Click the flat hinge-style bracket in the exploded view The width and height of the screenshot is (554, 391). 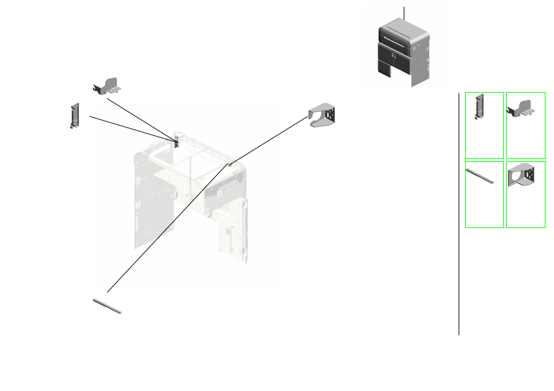click(x=108, y=85)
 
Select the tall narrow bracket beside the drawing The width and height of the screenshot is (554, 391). click(x=74, y=115)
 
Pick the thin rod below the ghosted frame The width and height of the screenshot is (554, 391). click(x=107, y=306)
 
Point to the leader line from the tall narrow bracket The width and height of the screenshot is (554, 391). click(x=132, y=127)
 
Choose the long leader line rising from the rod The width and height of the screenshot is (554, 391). click(x=164, y=230)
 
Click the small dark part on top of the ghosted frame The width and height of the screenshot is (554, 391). click(x=177, y=141)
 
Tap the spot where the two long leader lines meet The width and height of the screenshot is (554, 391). click(x=229, y=164)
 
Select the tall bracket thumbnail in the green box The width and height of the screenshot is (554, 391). click(x=484, y=125)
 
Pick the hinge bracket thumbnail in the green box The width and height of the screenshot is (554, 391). click(x=525, y=125)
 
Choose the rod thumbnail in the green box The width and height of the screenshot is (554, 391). click(x=484, y=195)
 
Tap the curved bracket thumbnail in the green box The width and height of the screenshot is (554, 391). click(x=525, y=195)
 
